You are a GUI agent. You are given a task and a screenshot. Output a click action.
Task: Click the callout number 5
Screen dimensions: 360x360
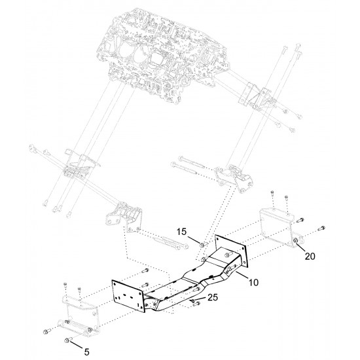click(86, 352)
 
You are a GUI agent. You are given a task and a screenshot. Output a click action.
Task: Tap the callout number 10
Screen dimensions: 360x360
click(253, 282)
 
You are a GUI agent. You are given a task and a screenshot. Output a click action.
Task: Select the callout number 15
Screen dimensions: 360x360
click(181, 232)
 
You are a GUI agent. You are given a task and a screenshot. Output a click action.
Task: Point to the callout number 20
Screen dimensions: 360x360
click(310, 256)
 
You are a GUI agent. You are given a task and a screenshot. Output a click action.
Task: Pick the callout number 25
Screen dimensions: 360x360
click(213, 297)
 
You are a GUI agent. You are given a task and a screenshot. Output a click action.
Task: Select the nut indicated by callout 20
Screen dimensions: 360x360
click(296, 240)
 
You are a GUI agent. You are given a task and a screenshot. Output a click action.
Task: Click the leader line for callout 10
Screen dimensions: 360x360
click(242, 275)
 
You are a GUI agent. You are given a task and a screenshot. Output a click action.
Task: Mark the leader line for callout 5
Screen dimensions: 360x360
click(77, 345)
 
